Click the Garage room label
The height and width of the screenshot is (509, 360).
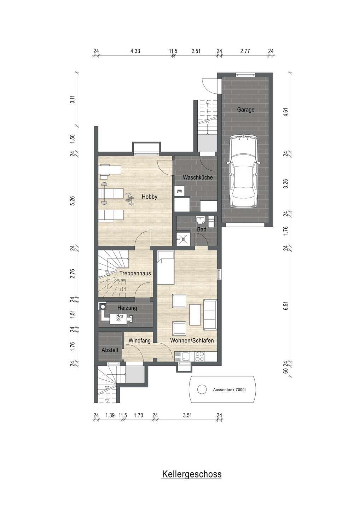(x=245, y=110)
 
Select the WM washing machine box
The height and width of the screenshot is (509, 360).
(x=179, y=191)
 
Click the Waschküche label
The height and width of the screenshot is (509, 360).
(x=198, y=177)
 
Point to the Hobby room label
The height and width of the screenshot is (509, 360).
(x=149, y=197)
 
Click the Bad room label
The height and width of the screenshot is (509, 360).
(x=202, y=229)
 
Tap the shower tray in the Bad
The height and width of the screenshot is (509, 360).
(x=183, y=239)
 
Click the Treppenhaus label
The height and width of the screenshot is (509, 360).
(x=135, y=273)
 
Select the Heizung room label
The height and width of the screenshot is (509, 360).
(x=127, y=308)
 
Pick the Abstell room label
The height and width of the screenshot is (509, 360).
(x=110, y=350)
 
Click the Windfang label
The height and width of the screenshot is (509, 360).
(x=140, y=341)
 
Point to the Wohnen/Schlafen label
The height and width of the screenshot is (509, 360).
(x=192, y=341)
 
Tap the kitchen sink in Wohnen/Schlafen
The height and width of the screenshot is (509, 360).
(x=185, y=356)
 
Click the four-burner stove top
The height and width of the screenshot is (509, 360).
(x=199, y=356)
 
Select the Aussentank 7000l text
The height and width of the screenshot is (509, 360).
(x=229, y=390)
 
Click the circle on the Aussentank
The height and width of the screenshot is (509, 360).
(x=202, y=390)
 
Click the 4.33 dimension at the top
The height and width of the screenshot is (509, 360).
(x=135, y=51)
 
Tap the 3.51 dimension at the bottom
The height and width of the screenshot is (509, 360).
(x=187, y=415)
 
